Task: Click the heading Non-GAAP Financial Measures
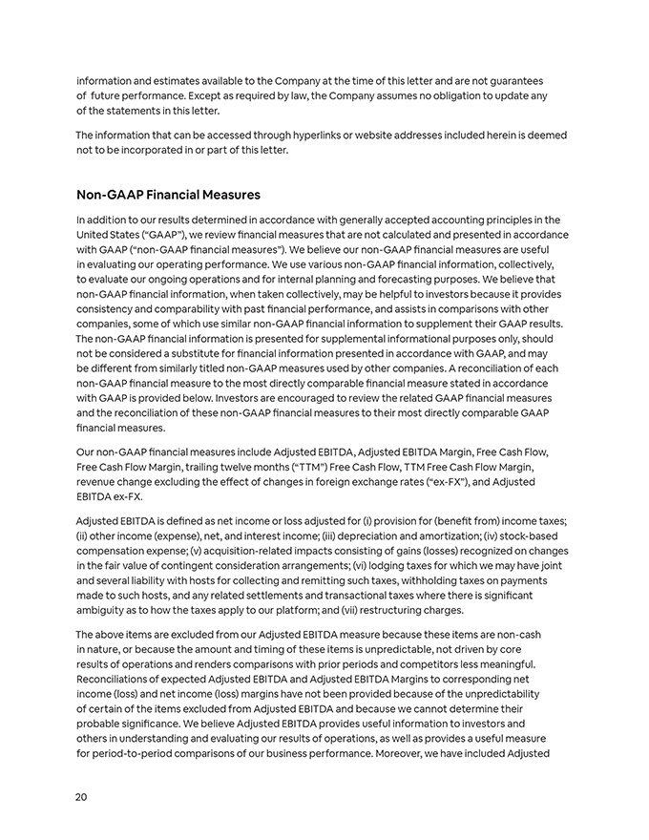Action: coord(168,195)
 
